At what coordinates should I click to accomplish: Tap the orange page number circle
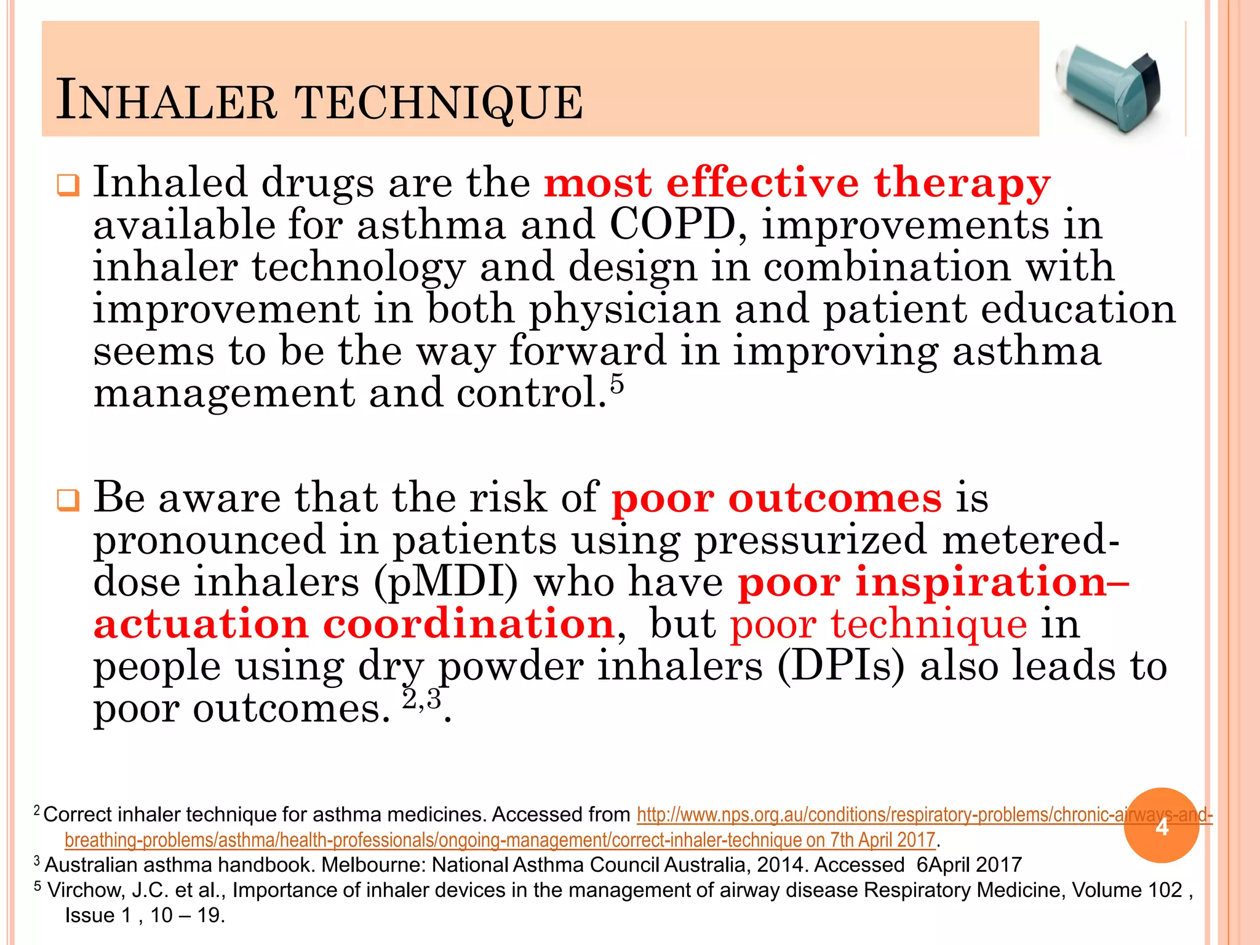[x=1161, y=826]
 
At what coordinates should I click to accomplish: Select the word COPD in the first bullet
[x=672, y=225]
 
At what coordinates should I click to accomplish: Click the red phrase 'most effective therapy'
[x=797, y=183]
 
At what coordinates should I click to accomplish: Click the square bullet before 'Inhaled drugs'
[x=68, y=185]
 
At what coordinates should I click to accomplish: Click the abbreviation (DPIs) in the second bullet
[x=840, y=666]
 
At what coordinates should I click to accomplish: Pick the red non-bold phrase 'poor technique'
[x=878, y=624]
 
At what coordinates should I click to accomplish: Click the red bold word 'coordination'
[x=469, y=624]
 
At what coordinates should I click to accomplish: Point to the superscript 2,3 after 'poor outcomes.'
[x=422, y=700]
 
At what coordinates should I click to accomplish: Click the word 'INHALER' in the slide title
[x=166, y=102]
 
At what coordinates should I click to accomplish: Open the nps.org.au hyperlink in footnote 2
[x=861, y=815]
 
